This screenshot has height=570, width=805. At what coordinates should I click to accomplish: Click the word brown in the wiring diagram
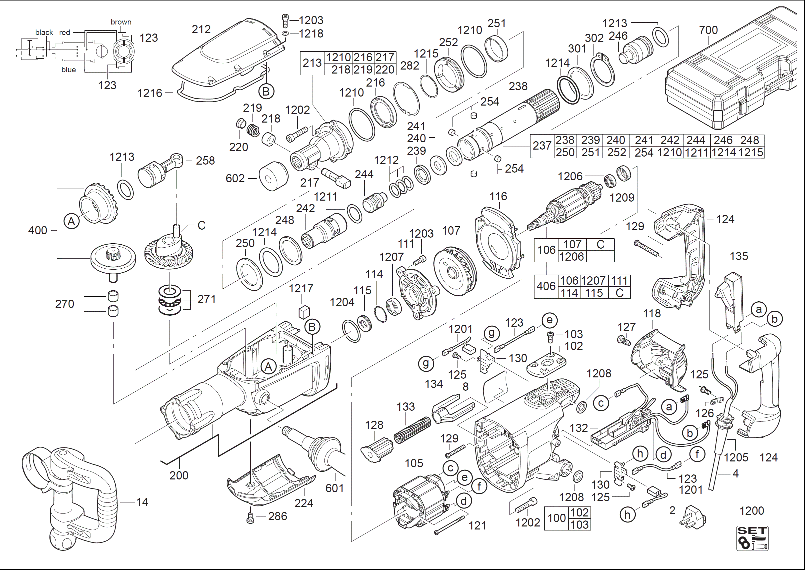[x=121, y=22]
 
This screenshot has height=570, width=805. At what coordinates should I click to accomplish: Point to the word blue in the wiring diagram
[x=68, y=70]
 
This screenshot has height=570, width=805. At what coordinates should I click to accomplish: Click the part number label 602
[x=235, y=179]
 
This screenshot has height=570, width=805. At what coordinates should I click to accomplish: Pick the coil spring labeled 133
[x=412, y=430]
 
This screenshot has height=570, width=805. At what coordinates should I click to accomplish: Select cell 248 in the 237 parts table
[x=750, y=140]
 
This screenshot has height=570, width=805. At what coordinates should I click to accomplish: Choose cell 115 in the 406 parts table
[x=594, y=293]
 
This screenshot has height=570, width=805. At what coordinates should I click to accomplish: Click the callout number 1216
[x=150, y=93]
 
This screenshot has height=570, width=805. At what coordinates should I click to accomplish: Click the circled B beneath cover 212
[x=266, y=92]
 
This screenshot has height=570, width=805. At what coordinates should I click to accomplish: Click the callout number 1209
[x=622, y=198]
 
